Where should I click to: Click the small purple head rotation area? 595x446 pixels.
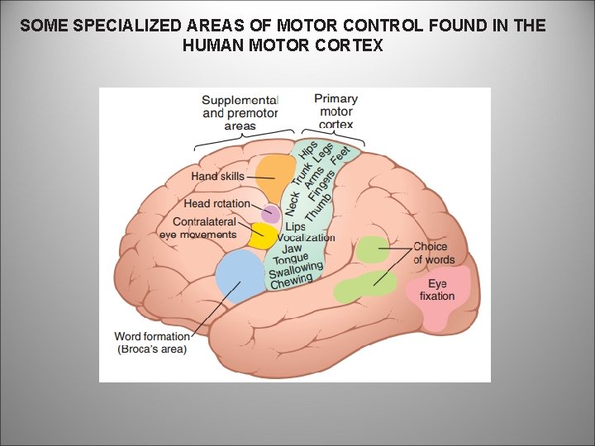(x=271, y=214)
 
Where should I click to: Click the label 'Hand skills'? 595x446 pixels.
(x=218, y=176)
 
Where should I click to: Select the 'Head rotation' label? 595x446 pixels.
(x=217, y=203)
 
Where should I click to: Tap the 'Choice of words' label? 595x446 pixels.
(x=434, y=253)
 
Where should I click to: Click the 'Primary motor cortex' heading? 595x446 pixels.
(x=336, y=111)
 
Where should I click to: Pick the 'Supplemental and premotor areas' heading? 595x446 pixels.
(x=240, y=113)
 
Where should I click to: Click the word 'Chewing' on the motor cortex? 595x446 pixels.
(x=292, y=282)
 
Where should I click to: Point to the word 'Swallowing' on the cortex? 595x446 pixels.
(x=295, y=270)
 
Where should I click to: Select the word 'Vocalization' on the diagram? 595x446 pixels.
(x=307, y=238)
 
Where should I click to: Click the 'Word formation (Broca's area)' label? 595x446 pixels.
(x=153, y=343)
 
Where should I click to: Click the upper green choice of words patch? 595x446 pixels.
(x=373, y=249)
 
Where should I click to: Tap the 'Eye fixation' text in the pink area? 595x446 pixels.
(x=437, y=290)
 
